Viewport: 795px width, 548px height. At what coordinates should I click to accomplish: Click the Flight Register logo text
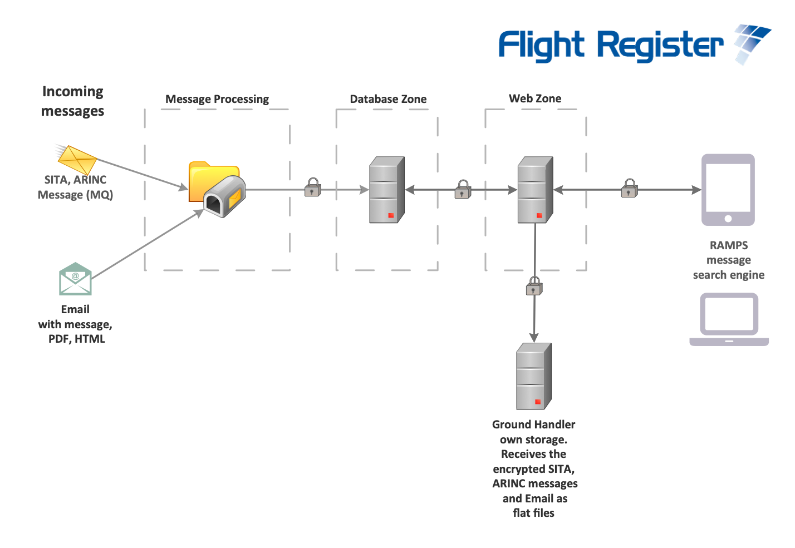coord(610,46)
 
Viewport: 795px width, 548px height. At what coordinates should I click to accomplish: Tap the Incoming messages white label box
coord(73,101)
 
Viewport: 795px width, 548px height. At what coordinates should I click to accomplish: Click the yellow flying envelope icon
coord(77,159)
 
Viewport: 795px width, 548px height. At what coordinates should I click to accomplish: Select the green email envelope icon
coord(75,279)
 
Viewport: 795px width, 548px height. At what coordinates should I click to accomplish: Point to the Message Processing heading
coord(217,99)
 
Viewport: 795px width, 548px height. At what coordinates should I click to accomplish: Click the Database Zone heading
coord(388,99)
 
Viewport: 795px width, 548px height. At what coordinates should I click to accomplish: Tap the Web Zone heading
coord(535,98)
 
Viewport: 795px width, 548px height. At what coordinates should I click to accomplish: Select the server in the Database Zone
coord(386,190)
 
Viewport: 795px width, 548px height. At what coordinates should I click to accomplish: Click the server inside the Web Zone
coord(534,190)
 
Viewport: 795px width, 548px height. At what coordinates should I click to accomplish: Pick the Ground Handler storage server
coord(533,376)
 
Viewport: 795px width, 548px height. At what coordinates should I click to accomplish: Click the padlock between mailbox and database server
coord(313,187)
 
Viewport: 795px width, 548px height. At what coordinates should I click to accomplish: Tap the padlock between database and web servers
coord(463,190)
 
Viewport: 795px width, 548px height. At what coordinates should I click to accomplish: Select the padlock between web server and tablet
coord(630,189)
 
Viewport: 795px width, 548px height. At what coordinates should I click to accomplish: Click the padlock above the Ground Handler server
coord(534,286)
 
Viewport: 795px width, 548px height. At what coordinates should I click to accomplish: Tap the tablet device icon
coord(728,190)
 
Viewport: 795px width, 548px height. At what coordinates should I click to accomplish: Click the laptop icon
coord(729,319)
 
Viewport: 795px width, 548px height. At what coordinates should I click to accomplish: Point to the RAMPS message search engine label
coord(728,260)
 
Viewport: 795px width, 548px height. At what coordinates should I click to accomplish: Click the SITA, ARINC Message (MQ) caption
coord(75,187)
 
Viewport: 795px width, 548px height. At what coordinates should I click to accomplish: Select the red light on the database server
coord(391,215)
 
